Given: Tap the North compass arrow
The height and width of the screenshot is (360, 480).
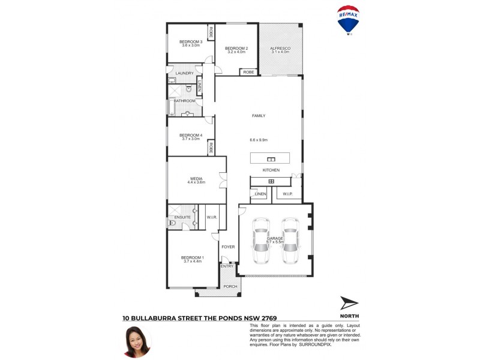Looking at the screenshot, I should (x=349, y=304).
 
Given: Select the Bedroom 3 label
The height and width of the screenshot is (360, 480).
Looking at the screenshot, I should (x=191, y=41).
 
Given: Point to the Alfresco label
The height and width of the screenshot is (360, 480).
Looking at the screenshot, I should (x=280, y=48).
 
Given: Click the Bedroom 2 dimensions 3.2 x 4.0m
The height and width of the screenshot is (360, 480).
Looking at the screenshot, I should (x=236, y=52).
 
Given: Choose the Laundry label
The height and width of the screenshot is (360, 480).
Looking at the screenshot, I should (x=184, y=73).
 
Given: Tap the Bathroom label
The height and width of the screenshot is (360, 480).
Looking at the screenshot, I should (x=184, y=101).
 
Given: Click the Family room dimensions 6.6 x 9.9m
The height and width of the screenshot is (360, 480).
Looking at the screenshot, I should (x=259, y=140).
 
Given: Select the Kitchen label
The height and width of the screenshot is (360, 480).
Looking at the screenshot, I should (x=271, y=170).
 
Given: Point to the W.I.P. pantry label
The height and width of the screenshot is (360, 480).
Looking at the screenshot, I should (x=287, y=194).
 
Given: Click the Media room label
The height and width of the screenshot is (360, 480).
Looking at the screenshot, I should (x=196, y=178).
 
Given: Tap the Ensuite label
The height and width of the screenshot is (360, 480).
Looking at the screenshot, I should (x=182, y=217).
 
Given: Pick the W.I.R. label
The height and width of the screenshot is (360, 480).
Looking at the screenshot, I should (x=211, y=217).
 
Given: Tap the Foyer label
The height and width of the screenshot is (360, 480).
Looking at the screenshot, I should (x=228, y=247).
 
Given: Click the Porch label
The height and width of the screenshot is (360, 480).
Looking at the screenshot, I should (x=230, y=287).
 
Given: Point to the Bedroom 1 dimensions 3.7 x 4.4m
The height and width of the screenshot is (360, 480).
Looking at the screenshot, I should (x=192, y=262).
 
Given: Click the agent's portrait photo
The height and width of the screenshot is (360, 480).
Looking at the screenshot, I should (x=137, y=342).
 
